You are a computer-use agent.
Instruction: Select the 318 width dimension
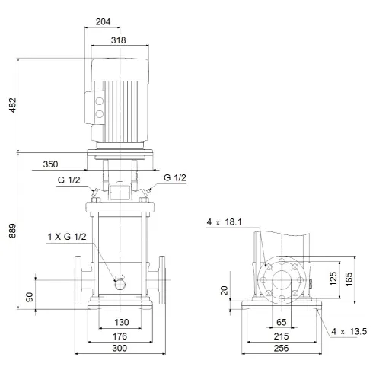118,40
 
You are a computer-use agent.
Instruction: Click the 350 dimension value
50,164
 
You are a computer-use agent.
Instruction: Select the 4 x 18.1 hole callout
223,222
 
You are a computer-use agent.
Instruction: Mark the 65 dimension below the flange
281,322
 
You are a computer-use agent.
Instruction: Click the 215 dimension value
281,335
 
